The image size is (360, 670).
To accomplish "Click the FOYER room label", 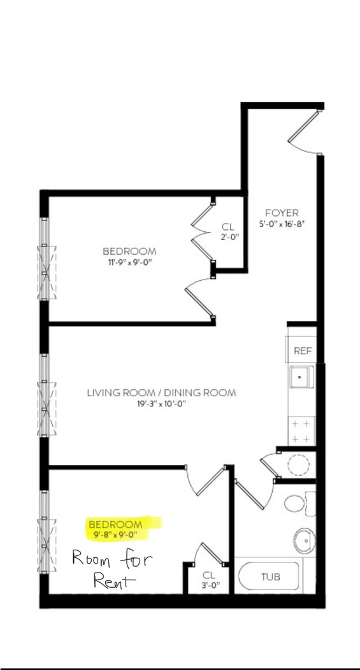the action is (x=282, y=213).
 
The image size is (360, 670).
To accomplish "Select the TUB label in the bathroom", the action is (x=271, y=577).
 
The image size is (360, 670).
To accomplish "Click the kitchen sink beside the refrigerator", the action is (x=301, y=377).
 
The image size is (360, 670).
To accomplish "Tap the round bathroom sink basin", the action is (x=304, y=540).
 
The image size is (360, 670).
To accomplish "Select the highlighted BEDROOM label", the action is (x=115, y=524).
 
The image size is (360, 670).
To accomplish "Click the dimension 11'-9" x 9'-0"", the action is (x=129, y=262).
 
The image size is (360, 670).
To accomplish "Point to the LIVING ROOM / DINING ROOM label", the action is (x=162, y=392).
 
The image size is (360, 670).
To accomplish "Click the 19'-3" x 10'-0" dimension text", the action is (x=162, y=404).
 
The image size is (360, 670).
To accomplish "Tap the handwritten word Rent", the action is (x=115, y=581).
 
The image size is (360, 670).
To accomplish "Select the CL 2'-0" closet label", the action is (x=228, y=231).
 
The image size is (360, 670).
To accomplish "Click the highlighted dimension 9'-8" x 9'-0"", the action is (x=115, y=534).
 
